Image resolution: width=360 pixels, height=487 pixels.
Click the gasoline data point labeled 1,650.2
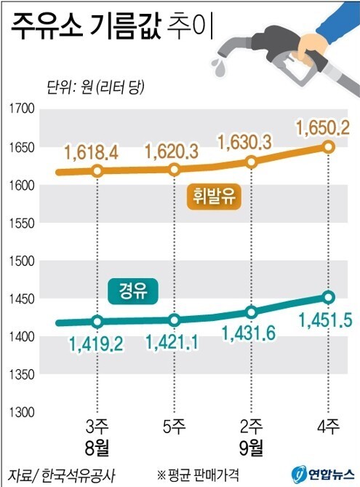click(328, 147)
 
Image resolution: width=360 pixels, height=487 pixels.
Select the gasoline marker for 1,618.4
click(97, 171)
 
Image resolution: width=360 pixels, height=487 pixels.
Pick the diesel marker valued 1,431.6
click(252, 312)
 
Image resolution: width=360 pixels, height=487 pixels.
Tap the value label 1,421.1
click(175, 340)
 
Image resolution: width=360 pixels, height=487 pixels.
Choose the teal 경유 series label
click(133, 292)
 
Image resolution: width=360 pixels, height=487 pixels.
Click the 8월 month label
click(98, 445)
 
